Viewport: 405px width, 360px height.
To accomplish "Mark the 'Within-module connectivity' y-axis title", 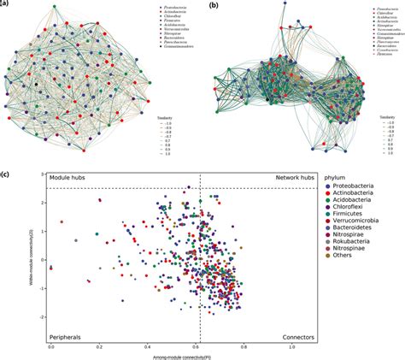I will tap(32, 257).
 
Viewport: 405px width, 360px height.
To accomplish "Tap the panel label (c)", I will tap(6, 176).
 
